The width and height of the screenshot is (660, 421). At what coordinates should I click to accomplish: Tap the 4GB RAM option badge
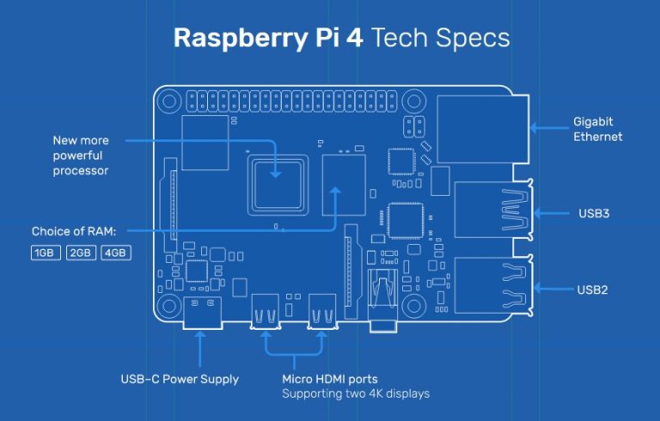115,253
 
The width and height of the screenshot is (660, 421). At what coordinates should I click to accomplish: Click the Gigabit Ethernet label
597,129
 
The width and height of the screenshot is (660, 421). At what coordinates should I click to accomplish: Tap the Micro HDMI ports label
329,379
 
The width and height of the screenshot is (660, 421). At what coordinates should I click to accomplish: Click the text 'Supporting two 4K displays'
356,394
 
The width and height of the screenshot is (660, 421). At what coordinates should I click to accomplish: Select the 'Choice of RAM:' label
73,231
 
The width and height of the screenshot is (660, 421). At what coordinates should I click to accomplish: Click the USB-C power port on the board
203,313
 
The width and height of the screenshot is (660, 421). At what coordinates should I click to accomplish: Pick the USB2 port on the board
492,289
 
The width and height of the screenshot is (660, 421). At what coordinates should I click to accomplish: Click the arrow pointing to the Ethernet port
547,129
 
